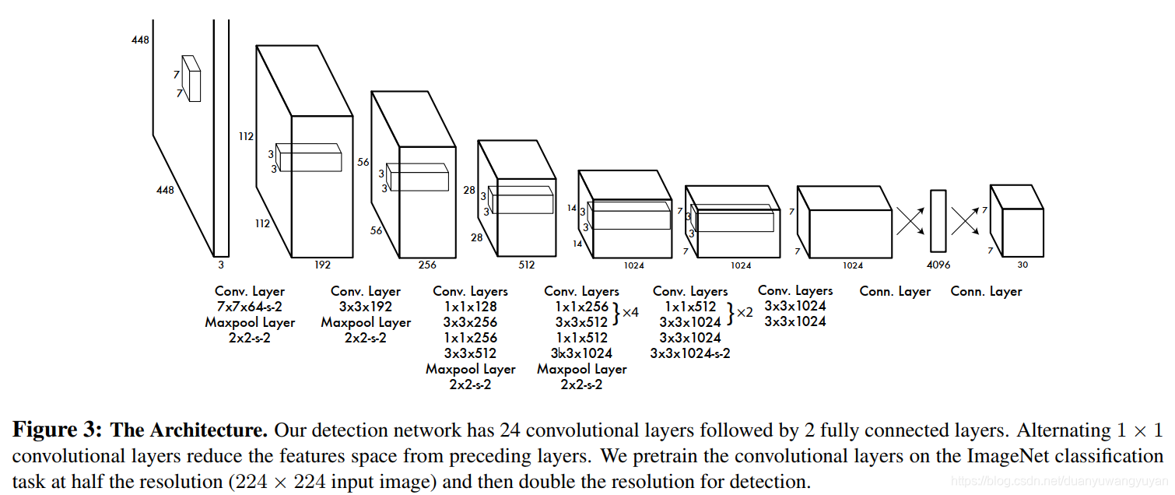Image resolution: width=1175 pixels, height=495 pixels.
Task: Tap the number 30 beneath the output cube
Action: (1022, 265)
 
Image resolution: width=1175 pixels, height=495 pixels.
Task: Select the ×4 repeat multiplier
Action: (630, 312)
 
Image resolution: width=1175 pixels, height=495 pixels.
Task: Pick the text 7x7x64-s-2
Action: (250, 307)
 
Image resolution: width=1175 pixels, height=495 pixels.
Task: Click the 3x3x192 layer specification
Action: (366, 307)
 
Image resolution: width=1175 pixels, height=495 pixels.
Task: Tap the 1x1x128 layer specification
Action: (470, 307)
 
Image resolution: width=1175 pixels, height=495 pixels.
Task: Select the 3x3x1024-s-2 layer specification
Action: (690, 353)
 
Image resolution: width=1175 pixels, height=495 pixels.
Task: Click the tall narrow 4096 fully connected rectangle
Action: (938, 220)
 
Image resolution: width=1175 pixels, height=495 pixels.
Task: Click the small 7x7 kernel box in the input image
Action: (191, 79)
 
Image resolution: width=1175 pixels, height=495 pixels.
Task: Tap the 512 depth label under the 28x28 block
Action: (527, 265)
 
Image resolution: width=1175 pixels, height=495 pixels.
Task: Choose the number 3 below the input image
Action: (220, 265)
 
